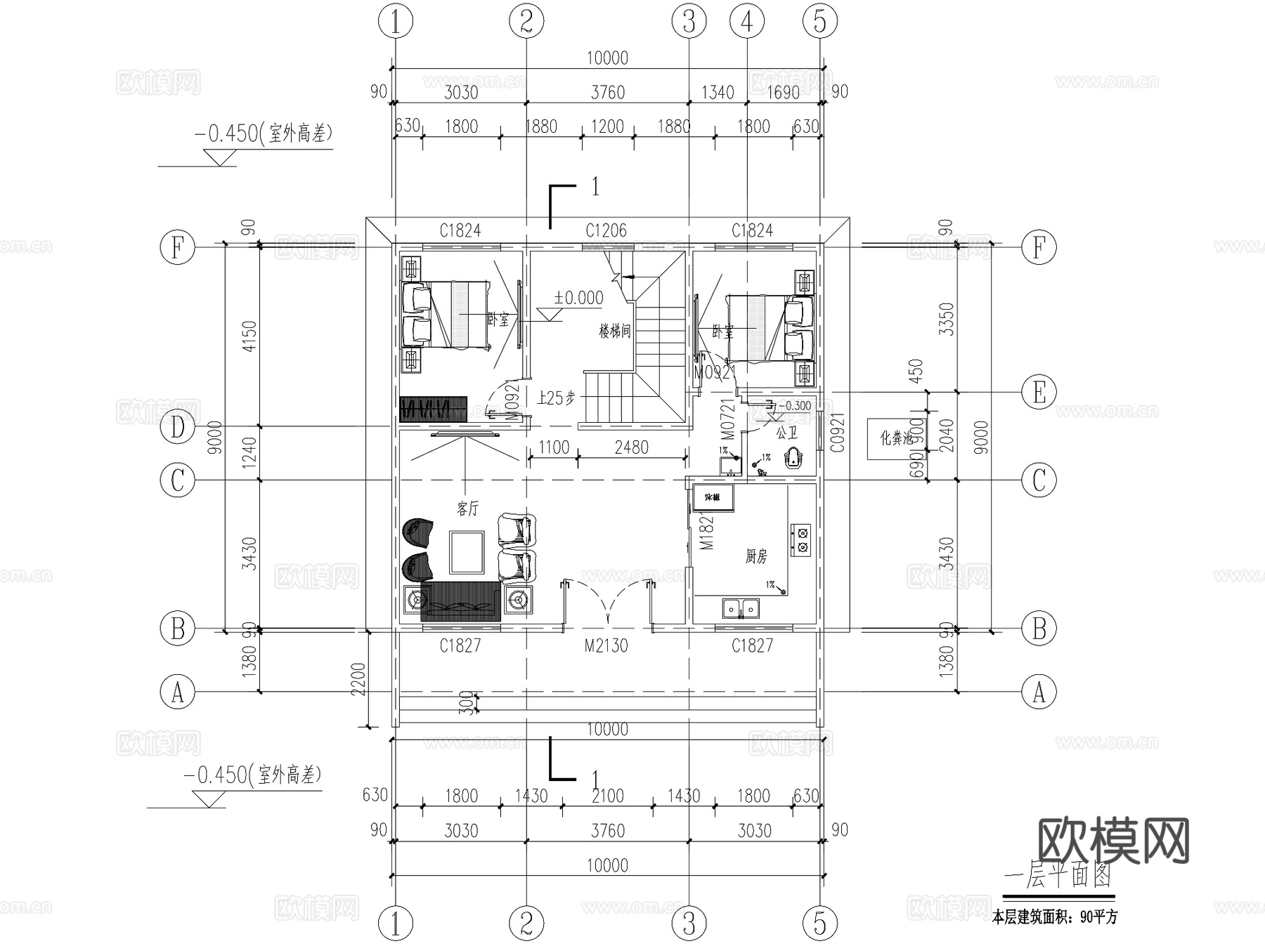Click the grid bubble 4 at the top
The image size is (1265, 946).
tap(746, 22)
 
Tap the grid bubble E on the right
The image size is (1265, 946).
tap(1038, 393)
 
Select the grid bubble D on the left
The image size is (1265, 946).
tap(177, 427)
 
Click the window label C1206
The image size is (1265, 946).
tap(606, 230)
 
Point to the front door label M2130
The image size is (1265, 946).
tap(606, 645)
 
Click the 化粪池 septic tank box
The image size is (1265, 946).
tap(895, 439)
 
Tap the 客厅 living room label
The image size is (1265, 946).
tap(467, 508)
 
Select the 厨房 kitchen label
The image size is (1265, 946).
tap(756, 557)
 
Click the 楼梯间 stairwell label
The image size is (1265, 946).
tap(614, 331)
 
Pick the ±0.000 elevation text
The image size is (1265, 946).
tap(578, 298)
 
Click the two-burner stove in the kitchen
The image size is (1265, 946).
tap(801, 539)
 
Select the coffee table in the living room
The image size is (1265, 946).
tap(467, 553)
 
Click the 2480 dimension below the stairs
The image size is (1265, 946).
tap(631, 447)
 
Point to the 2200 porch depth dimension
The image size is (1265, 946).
tap(359, 678)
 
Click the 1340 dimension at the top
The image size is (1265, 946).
tap(718, 93)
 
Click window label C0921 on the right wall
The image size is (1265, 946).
tap(836, 433)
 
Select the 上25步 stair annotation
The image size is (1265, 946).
tap(556, 398)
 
